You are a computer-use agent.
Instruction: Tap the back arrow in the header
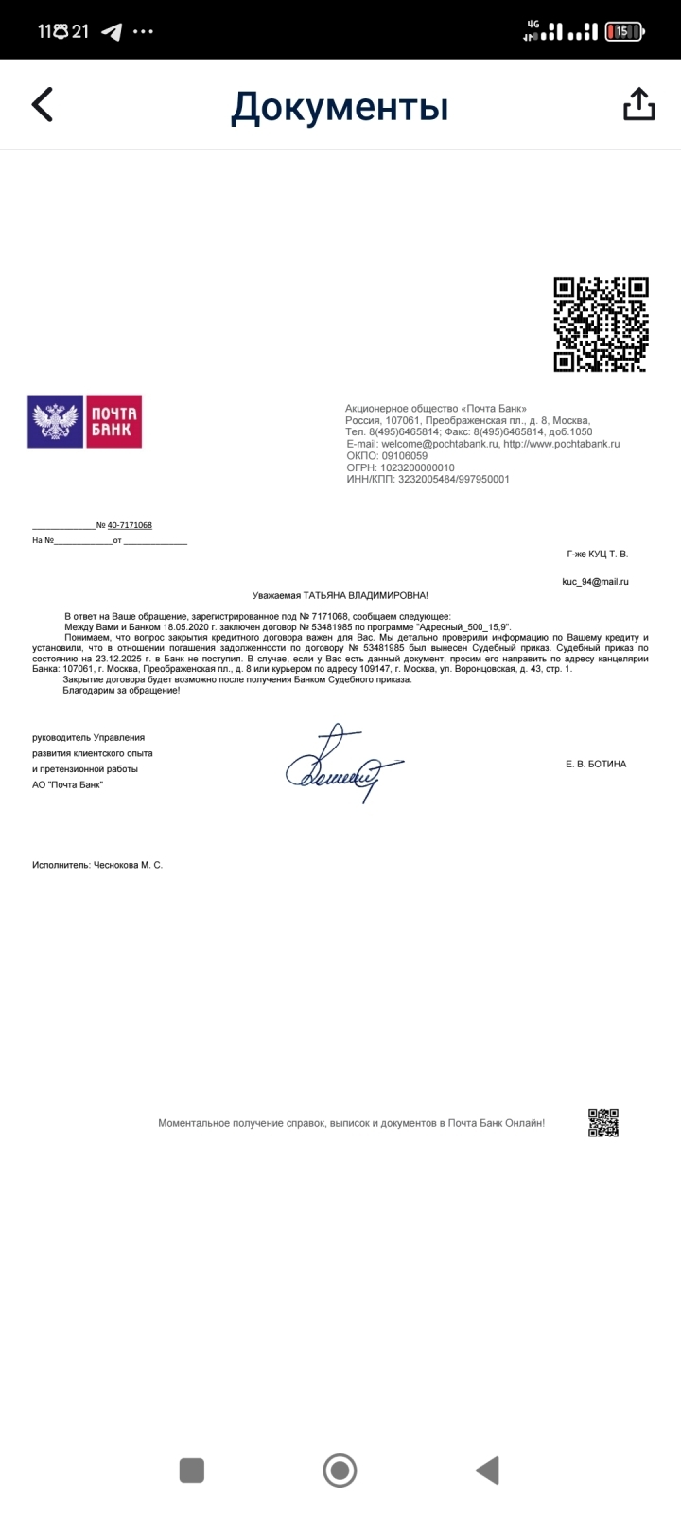pos(43,104)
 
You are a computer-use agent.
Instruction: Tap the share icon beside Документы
pos(639,104)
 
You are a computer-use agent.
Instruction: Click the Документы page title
pos(340,107)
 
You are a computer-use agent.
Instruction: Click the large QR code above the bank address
pos(601,325)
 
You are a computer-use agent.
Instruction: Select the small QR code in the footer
pos(603,1122)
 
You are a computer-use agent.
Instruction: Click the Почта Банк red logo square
pos(114,421)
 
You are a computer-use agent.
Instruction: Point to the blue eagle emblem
pos(56,421)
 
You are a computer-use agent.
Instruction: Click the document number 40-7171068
pos(130,525)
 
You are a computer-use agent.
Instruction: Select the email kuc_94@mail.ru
pos(595,582)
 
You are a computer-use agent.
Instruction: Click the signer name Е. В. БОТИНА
pos(596,764)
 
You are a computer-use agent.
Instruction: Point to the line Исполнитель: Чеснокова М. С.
pos(97,865)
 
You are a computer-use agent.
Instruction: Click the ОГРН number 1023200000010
pos(416,467)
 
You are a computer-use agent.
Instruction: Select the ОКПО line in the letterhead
pos(387,455)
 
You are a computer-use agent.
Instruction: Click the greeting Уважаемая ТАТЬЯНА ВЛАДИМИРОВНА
pos(340,595)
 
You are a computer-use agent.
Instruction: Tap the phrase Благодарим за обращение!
pos(121,691)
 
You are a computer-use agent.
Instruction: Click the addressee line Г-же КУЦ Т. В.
pos(597,554)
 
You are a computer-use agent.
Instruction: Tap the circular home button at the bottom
pos(340,1470)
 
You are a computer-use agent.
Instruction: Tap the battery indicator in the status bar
pos(624,31)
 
